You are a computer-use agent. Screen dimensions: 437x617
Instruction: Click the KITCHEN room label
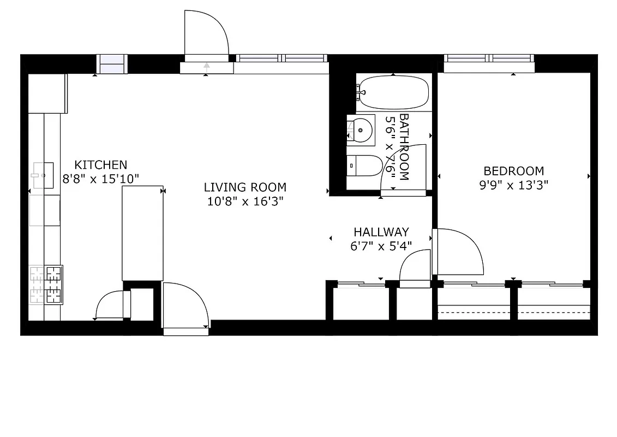point(101,164)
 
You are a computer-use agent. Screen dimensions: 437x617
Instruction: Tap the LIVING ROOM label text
point(245,187)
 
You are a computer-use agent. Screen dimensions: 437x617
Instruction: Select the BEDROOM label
point(514,171)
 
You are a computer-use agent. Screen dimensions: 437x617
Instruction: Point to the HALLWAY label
point(381,232)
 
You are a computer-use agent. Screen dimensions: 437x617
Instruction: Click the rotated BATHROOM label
point(404,146)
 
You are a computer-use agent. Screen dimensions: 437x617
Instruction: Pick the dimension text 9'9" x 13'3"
point(514,185)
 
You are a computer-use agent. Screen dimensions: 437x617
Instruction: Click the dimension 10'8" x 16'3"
point(245,202)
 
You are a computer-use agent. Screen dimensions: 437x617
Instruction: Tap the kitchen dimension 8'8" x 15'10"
point(101,178)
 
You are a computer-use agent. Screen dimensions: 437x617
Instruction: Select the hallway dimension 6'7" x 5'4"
point(381,246)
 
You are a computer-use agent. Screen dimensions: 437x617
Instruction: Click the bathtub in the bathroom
point(394,92)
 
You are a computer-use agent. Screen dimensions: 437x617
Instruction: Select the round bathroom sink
point(361,130)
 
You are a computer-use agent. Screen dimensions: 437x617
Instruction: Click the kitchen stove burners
point(46,284)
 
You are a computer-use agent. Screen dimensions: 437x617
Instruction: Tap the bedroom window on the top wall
point(489,58)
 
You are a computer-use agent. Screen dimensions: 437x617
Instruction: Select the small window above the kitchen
point(112,63)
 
